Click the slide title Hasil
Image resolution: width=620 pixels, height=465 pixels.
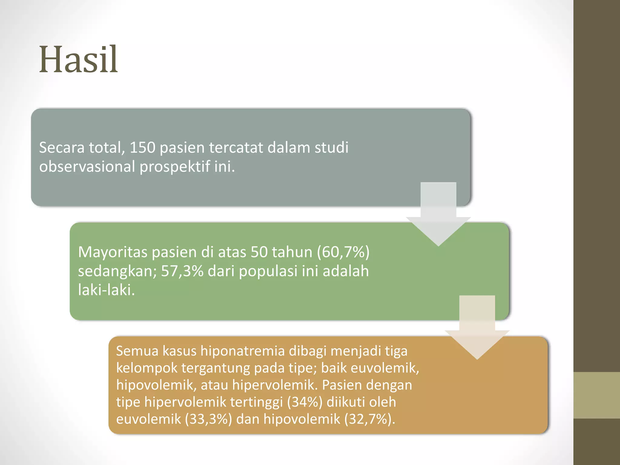pos(78,60)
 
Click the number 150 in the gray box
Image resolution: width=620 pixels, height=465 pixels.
pos(142,148)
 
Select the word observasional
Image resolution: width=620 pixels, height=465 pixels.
pos(87,167)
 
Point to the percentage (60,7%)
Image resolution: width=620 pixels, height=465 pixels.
pos(343,252)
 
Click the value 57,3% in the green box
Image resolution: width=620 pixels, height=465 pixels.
pos(182,271)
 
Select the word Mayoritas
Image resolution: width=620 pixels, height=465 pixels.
pos(112,252)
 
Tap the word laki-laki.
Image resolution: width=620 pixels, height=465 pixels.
pos(106,290)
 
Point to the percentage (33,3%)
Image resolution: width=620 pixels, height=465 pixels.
pos(209,419)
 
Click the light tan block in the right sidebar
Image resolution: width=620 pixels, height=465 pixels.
pos(596,395)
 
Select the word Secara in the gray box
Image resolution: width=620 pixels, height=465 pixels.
pos(61,148)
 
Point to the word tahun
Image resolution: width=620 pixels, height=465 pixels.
pos(292,252)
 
